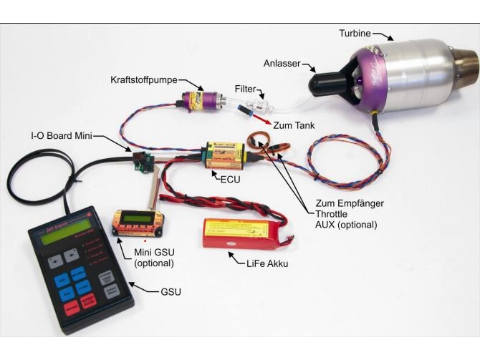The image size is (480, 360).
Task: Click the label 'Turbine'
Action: coord(357,33)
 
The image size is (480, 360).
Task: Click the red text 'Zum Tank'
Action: coord(294,125)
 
